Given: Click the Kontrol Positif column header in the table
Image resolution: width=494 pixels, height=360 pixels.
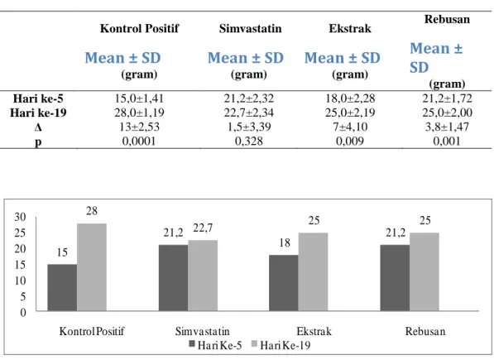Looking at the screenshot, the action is coord(139,28).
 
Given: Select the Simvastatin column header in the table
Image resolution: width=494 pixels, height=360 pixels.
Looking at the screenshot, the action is coord(250,28).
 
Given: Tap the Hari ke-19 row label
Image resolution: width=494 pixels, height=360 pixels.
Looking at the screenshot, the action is coord(38,113).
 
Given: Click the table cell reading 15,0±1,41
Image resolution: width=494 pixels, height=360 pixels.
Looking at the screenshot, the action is coord(139,98).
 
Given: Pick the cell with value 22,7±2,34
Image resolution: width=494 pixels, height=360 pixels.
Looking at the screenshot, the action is coord(249,113).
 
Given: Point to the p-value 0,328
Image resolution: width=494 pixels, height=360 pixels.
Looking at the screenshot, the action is coord(249,141).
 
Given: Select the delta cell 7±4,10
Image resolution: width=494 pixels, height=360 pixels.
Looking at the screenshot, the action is coord(350,127).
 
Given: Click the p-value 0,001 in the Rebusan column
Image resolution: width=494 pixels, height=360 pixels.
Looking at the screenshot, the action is coord(447,141).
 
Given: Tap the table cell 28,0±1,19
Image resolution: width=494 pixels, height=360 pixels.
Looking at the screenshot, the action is coord(139,113).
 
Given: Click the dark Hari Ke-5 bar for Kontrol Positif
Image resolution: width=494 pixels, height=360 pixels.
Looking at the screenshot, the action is coord(62,287).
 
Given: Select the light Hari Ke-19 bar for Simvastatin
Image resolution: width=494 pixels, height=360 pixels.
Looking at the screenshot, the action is coord(203,276).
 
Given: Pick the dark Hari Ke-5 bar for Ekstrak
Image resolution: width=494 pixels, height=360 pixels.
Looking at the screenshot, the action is coord(284,283).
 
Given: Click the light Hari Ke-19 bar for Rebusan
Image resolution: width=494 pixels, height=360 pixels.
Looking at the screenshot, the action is coord(424,271).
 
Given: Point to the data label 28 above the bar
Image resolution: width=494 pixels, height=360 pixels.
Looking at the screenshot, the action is coord(92,211).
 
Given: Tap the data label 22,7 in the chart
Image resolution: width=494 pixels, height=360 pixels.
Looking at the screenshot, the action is coord(203,228).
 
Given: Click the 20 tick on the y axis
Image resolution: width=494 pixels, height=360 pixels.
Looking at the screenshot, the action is coord(20,249).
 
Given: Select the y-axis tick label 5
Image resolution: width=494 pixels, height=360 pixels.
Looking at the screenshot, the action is coord(22,297).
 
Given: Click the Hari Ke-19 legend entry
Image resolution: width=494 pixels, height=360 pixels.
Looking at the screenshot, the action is coord(281,345).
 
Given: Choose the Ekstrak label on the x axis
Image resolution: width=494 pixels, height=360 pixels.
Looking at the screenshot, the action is coord(314,331).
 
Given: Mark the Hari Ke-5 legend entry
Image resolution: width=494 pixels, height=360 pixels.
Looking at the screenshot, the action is coord(215,345).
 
